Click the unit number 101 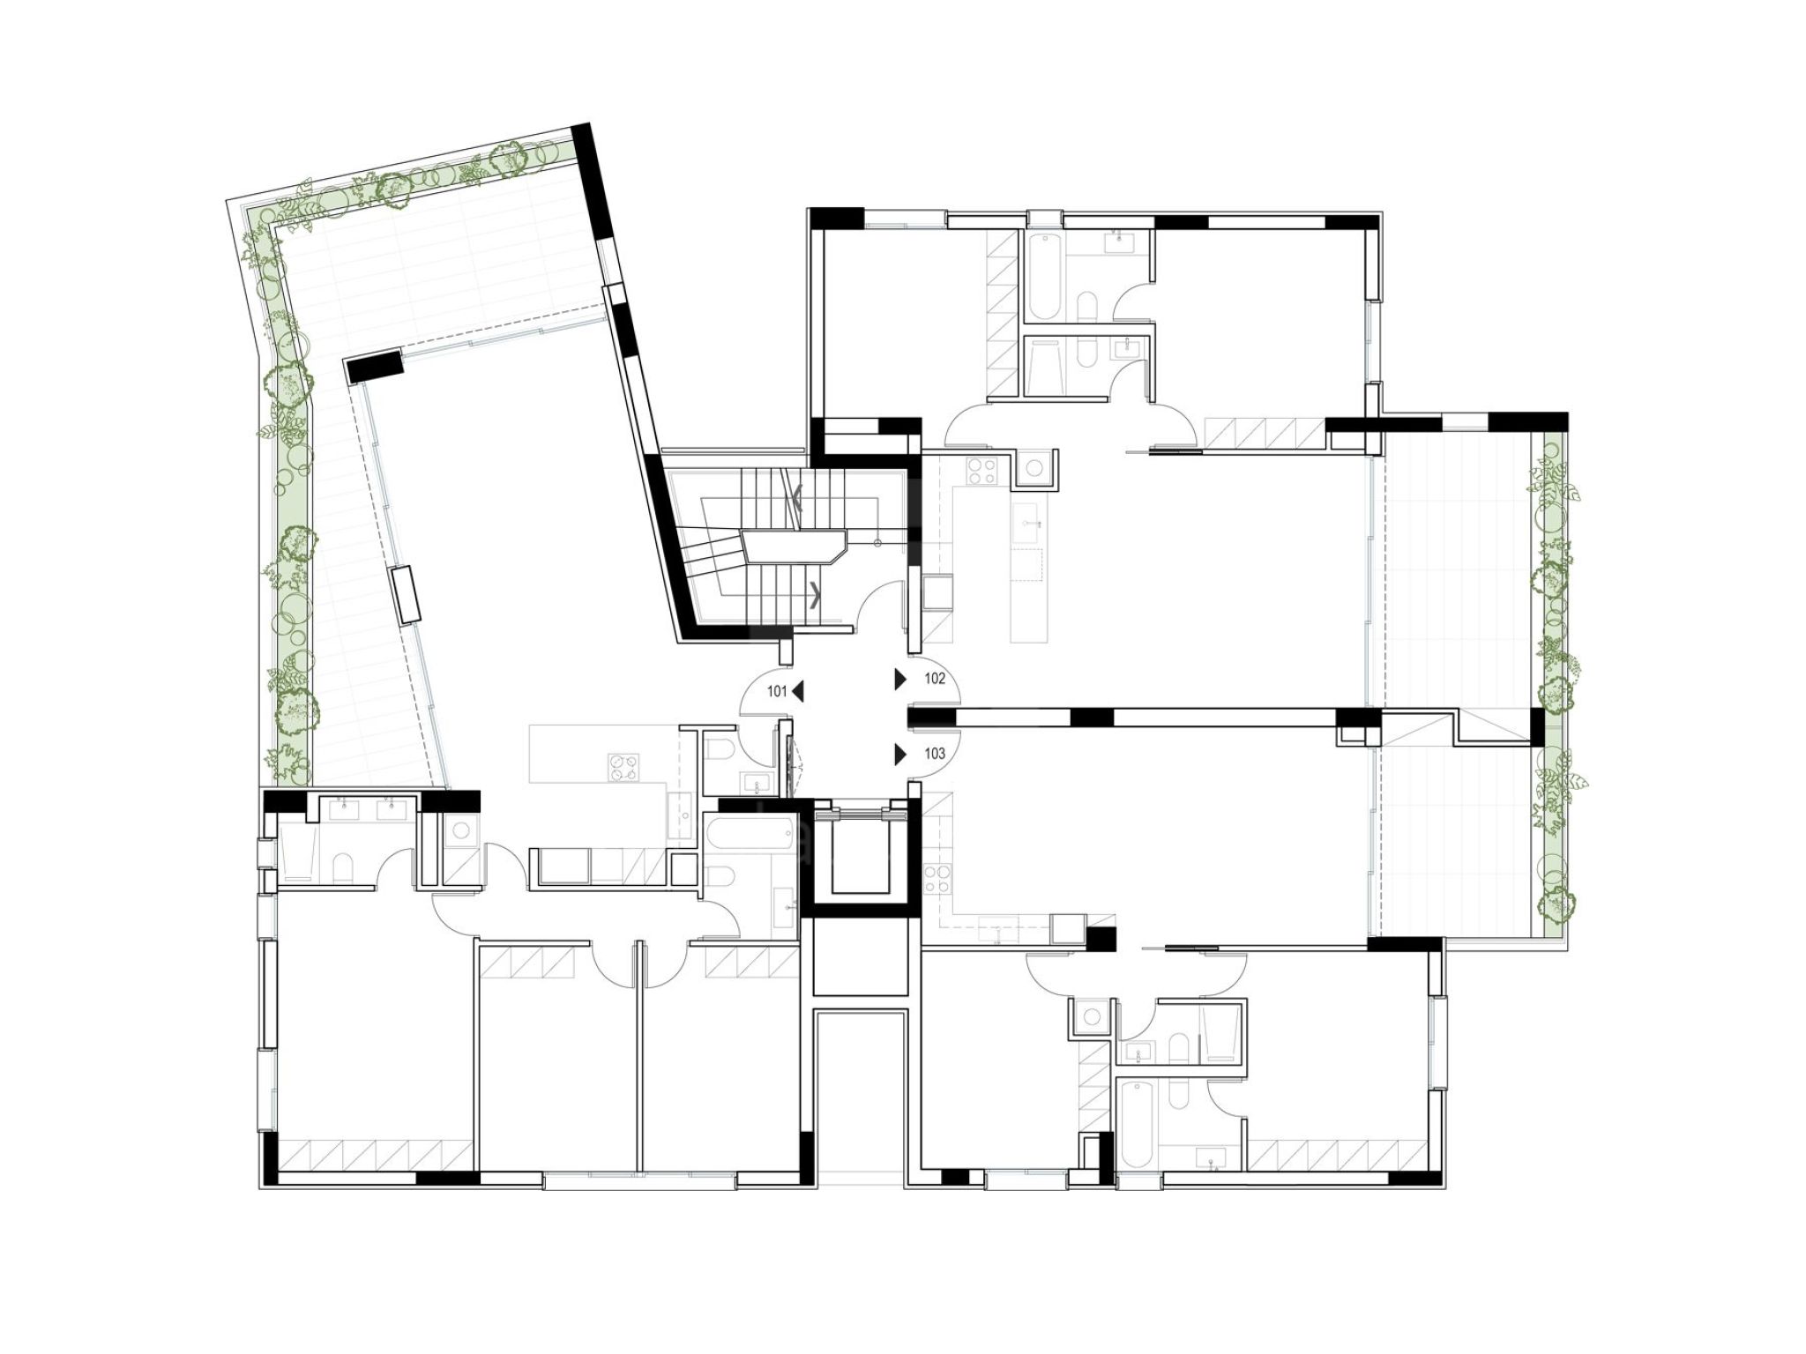pos(776,692)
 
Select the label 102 pos(935,679)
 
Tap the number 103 pos(935,754)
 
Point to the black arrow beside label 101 pos(798,692)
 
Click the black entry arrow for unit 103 pos(900,754)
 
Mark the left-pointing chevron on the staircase pos(798,499)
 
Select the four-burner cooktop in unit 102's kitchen pos(981,472)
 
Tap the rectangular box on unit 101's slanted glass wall pos(407,596)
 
